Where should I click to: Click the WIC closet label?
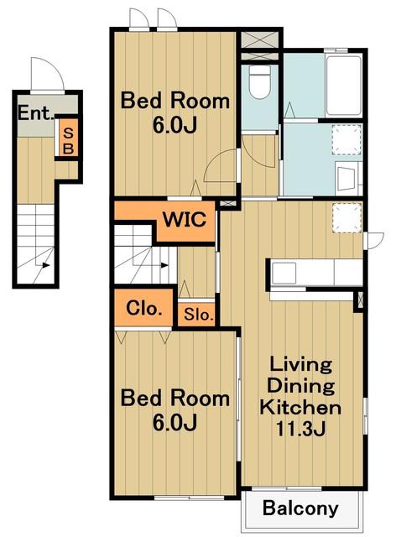(x=185, y=220)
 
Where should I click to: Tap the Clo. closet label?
(x=143, y=308)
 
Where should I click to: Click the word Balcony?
(x=300, y=508)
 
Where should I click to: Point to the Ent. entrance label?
(x=36, y=112)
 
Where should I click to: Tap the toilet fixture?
(x=260, y=81)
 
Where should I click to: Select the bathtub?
(x=344, y=86)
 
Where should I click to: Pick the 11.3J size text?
(x=300, y=429)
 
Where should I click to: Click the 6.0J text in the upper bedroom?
(x=175, y=125)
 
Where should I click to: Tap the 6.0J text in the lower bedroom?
(x=175, y=422)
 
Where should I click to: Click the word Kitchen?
(x=300, y=408)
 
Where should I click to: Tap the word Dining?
(x=300, y=386)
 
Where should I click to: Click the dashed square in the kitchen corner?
(x=347, y=218)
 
